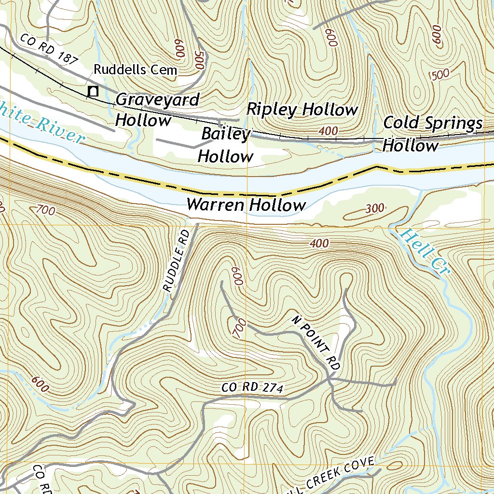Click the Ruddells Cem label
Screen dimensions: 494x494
(135, 69)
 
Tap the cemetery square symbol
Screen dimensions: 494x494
(93, 91)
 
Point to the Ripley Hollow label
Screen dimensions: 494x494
(302, 110)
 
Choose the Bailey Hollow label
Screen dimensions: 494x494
(226, 145)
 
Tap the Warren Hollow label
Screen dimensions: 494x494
(246, 205)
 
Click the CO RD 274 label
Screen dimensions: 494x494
(252, 387)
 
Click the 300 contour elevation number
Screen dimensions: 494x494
(374, 208)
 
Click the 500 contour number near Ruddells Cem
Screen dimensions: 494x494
(198, 60)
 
